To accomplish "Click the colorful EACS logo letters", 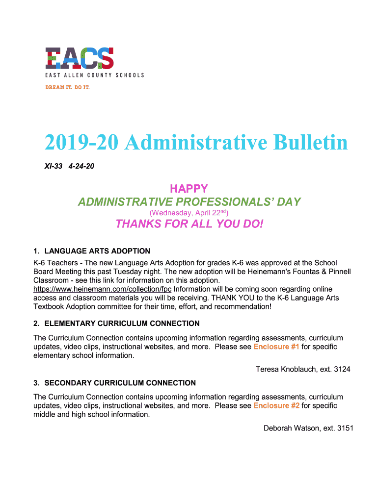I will [x=80, y=58].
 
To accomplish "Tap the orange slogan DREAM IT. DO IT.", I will [x=67, y=87].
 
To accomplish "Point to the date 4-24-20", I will [x=82, y=167].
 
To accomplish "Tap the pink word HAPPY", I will [x=189, y=189].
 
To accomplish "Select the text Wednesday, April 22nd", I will [x=189, y=213].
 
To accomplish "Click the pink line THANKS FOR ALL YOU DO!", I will [x=189, y=224].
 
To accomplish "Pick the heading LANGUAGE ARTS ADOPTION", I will [x=97, y=251].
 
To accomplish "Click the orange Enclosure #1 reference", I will [x=276, y=347].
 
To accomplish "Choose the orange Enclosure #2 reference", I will [x=276, y=406].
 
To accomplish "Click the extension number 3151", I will [x=344, y=428].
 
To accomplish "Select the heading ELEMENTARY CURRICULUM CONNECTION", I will [x=122, y=324].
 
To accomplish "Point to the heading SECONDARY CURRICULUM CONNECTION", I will [x=120, y=383].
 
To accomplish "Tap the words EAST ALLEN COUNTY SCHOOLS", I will [x=95, y=75].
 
